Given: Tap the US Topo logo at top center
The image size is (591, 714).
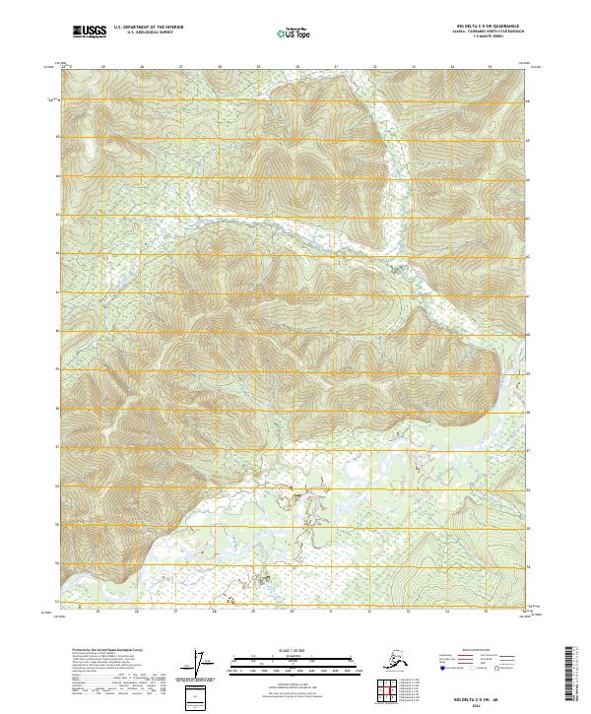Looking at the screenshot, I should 295,32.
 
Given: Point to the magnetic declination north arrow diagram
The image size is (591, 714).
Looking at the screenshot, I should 206,665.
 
